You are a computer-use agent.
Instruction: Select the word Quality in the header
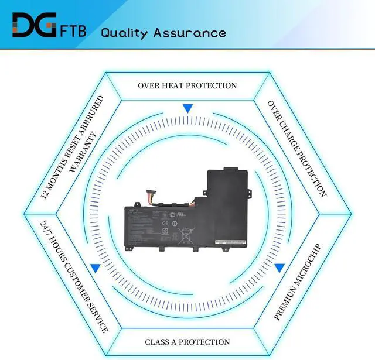[x=124, y=32]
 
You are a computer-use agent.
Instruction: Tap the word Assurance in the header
[x=189, y=32]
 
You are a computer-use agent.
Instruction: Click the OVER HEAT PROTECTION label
[x=187, y=85]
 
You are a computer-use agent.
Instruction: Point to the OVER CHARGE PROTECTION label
[x=296, y=148]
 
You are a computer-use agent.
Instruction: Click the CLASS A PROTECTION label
[x=187, y=342]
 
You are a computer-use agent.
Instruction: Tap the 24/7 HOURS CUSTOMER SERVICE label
[x=74, y=277]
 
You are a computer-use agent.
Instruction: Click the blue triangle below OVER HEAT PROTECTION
[x=187, y=108]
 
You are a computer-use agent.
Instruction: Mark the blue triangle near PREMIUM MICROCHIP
[x=279, y=268]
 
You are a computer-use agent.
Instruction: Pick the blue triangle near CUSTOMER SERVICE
[x=95, y=268]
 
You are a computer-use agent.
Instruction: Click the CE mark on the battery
[x=166, y=223]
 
